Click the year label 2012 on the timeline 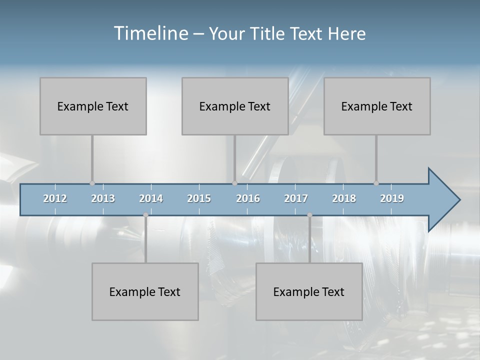pos(55,198)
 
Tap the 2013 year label pos(103,198)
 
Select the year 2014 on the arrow pos(151,198)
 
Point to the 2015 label pos(199,198)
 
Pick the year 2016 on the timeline pos(248,198)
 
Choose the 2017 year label pos(296,198)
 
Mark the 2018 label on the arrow pos(344,198)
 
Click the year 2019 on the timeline pos(392,198)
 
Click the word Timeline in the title pos(150,33)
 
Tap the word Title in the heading pos(268,34)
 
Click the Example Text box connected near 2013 pos(93,106)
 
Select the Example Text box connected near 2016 pos(235,106)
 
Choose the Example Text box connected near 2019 pos(377,106)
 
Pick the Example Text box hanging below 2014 pos(145,291)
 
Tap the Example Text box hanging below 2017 pos(309,291)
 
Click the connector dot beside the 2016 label pos(234,183)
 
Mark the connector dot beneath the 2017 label pos(309,215)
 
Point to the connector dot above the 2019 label pos(376,183)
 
